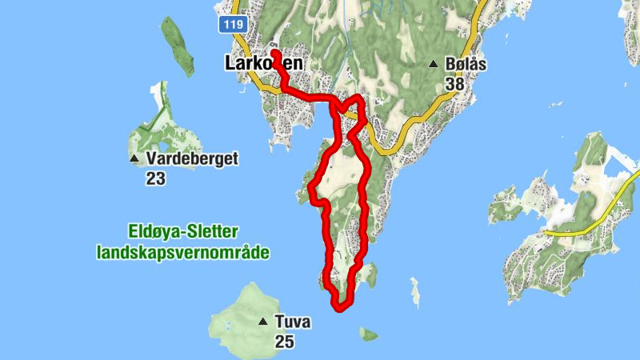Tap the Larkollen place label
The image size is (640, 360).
coord(264,63)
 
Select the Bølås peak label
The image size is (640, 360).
coord(467,64)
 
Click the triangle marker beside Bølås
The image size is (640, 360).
coord(434,64)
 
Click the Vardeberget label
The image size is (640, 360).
coord(192,158)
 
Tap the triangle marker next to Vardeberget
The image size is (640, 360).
coord(134,158)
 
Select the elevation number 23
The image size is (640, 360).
coord(155,178)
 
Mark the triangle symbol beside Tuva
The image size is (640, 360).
coord(262,322)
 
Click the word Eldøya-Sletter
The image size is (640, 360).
coord(183,232)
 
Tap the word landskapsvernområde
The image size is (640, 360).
coord(182,253)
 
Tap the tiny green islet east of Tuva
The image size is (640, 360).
coord(369,333)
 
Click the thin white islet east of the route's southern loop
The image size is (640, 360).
coord(414,291)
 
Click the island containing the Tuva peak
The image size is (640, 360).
coord(240,316)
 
